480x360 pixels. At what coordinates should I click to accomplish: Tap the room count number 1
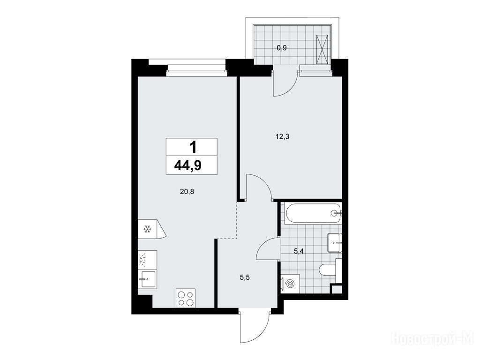pos(193,148)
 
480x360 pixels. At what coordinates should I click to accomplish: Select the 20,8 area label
pos(187,192)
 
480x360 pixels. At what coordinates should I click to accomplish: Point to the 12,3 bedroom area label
pos(282,137)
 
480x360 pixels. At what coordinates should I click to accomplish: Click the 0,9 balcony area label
pos(282,48)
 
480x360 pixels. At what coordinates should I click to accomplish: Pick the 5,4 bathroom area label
pos(299,251)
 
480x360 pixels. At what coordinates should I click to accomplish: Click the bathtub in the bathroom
pos(313,213)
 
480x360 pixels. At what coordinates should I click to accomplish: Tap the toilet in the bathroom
pos(328,270)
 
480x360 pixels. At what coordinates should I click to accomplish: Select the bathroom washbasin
pos(334,243)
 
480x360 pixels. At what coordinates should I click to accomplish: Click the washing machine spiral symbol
pos(289,285)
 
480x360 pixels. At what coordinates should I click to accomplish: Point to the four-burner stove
pos(186,298)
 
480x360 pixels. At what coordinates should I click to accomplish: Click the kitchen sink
pos(147,279)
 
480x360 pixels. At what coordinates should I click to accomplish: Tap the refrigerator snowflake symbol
pos(147,229)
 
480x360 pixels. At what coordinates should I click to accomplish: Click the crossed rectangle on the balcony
pos(322,49)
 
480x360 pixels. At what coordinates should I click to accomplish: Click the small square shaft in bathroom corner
pos(337,289)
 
